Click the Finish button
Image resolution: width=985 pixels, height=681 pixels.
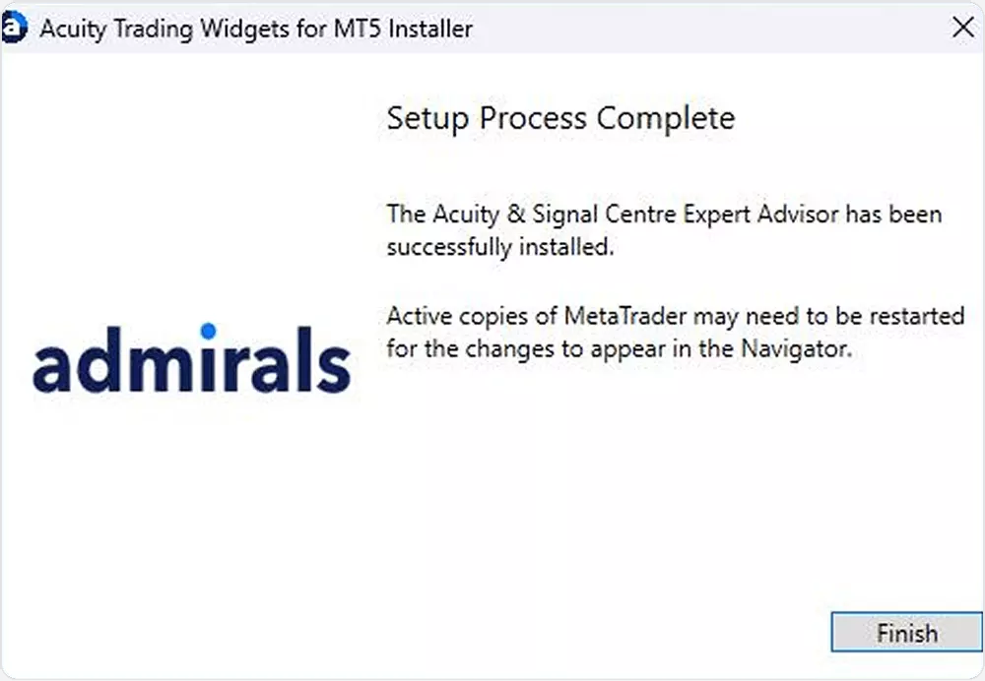click(906, 632)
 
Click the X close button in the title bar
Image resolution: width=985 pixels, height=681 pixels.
click(963, 27)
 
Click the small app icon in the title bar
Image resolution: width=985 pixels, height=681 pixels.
click(14, 28)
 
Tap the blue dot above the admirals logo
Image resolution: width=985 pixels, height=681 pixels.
click(209, 331)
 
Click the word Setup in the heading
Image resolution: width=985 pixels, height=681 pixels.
click(427, 119)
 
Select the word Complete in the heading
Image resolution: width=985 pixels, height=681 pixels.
click(666, 118)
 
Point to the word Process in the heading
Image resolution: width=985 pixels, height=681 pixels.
click(533, 118)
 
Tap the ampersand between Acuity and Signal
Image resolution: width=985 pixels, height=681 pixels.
click(516, 214)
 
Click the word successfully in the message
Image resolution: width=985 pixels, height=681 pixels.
click(448, 247)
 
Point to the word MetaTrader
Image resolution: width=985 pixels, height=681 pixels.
click(625, 316)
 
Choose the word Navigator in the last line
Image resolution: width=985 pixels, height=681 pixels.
click(796, 349)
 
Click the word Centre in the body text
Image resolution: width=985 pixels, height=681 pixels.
click(640, 215)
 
